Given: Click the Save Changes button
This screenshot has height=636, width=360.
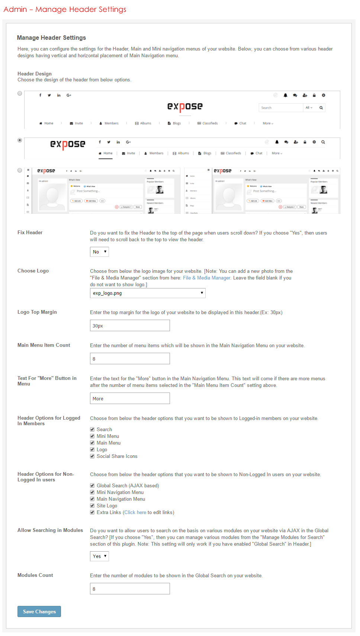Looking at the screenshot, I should [39, 611].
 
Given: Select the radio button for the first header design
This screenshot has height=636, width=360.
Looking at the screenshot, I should [20, 93].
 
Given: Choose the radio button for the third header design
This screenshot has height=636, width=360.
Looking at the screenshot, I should [20, 170].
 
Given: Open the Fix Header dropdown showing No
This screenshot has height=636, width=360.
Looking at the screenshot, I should [99, 252].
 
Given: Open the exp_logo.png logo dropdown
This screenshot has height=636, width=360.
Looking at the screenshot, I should [148, 293].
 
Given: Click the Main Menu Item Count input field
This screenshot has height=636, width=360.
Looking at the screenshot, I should [130, 359].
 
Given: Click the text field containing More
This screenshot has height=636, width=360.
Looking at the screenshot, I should [130, 398].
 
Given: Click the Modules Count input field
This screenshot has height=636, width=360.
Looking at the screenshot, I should [130, 589].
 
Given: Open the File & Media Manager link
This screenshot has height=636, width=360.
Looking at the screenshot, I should [206, 278].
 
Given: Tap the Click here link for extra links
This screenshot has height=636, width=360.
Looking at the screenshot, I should [135, 513].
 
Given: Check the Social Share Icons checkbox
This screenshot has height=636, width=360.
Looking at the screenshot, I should [92, 456].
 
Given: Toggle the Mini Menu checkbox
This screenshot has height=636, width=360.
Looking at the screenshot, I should [92, 436].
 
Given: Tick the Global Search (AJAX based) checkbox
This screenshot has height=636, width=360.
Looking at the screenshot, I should [92, 486].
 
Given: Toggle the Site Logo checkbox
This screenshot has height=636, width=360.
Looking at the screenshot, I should [92, 506].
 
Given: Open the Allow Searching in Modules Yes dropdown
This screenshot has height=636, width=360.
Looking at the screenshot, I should [99, 556].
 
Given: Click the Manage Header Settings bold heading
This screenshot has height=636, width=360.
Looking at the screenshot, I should [51, 38].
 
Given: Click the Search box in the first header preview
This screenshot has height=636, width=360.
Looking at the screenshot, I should [281, 108].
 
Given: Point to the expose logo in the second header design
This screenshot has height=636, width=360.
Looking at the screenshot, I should [68, 144].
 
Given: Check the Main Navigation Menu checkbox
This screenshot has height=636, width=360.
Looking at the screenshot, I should [92, 499].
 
